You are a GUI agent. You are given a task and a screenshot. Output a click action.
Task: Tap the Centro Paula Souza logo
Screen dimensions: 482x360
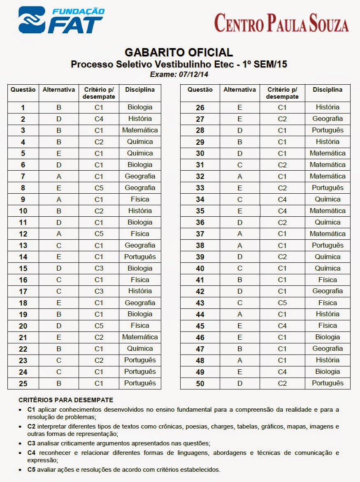click(x=281, y=23)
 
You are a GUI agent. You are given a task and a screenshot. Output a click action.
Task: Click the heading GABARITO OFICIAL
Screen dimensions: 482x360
click(x=179, y=53)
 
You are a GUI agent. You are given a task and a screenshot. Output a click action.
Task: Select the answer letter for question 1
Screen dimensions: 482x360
click(x=59, y=107)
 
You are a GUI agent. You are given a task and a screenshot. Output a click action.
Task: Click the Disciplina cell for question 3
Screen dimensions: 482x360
click(x=140, y=130)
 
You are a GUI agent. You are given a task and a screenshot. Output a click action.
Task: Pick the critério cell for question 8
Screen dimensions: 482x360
click(x=99, y=188)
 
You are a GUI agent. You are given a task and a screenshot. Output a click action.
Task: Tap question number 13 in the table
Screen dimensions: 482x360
click(x=23, y=246)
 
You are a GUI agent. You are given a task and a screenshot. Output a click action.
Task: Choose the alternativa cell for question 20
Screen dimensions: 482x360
click(x=59, y=326)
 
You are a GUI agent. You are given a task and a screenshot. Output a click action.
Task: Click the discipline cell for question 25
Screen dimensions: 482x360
click(x=140, y=383)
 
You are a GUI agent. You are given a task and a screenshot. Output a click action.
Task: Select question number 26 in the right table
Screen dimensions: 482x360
click(x=200, y=108)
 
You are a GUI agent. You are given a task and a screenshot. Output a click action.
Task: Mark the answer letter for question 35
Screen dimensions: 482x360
click(x=240, y=211)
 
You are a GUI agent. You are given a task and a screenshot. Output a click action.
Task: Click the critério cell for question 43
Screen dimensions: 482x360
click(x=282, y=303)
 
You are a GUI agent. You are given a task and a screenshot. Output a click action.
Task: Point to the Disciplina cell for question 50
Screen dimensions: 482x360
click(x=327, y=383)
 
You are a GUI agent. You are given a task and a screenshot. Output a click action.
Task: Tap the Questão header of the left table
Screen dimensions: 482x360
click(x=23, y=90)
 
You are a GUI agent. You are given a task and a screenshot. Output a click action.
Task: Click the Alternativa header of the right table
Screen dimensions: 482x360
click(x=240, y=90)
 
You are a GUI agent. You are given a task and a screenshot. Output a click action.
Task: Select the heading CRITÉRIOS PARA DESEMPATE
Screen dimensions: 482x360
click(x=66, y=400)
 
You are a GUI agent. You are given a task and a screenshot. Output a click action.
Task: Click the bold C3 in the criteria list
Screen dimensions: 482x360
click(x=32, y=443)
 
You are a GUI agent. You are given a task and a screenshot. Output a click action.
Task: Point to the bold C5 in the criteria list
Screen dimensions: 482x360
click(x=32, y=469)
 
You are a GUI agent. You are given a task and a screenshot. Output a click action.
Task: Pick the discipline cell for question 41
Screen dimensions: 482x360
click(x=327, y=280)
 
